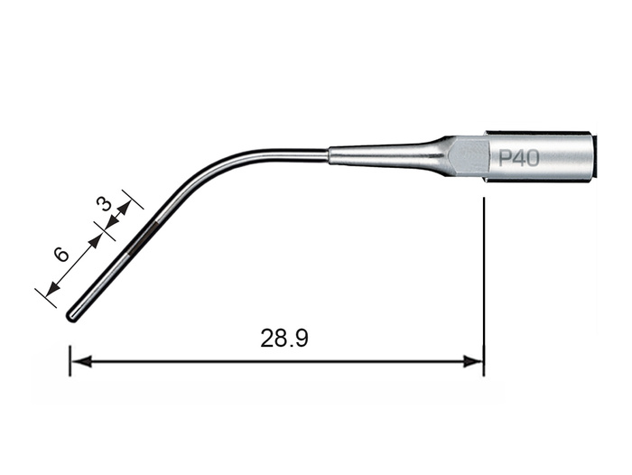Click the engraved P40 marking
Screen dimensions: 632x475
519,158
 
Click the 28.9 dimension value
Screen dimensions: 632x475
284,339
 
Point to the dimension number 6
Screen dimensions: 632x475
61,255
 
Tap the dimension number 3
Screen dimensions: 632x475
104,204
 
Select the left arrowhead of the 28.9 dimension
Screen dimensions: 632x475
82,361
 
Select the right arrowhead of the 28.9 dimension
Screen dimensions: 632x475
472,361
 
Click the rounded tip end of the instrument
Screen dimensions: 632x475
71,316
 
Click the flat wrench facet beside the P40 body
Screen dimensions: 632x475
469,157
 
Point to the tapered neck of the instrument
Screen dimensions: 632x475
387,155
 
